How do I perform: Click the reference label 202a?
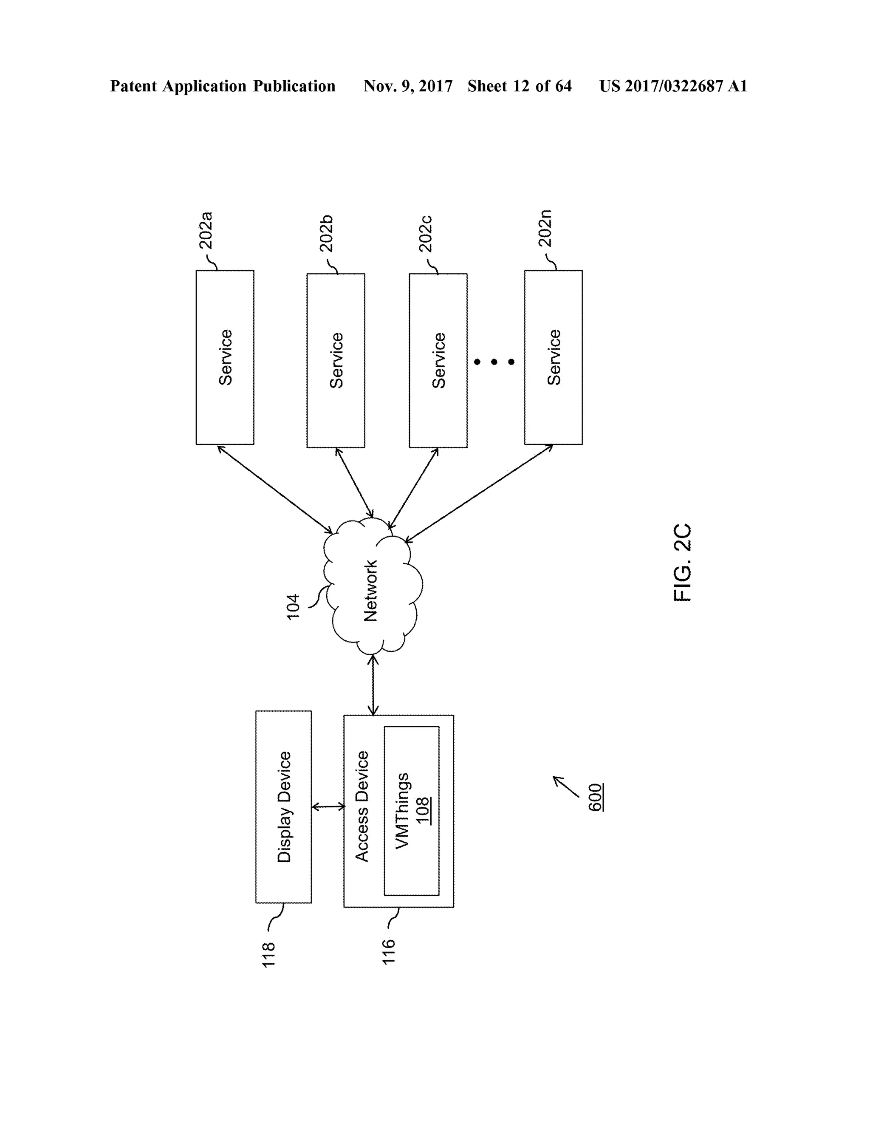pyautogui.click(x=206, y=230)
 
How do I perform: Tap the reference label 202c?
pyautogui.click(x=425, y=234)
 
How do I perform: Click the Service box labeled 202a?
pyautogui.click(x=225, y=357)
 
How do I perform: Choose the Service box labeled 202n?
pyautogui.click(x=553, y=357)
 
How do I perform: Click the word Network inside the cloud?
pyautogui.click(x=370, y=591)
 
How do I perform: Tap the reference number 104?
pyautogui.click(x=293, y=607)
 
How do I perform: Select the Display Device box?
pyautogui.click(x=283, y=807)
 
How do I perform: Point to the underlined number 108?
pyautogui.click(x=423, y=810)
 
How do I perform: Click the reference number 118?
pyautogui.click(x=268, y=955)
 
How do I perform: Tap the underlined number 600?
pyautogui.click(x=595, y=797)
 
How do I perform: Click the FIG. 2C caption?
pyautogui.click(x=682, y=563)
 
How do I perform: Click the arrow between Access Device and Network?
pyautogui.click(x=373, y=685)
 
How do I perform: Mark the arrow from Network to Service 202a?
pyautogui.click(x=275, y=489)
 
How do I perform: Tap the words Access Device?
pyautogui.click(x=362, y=806)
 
